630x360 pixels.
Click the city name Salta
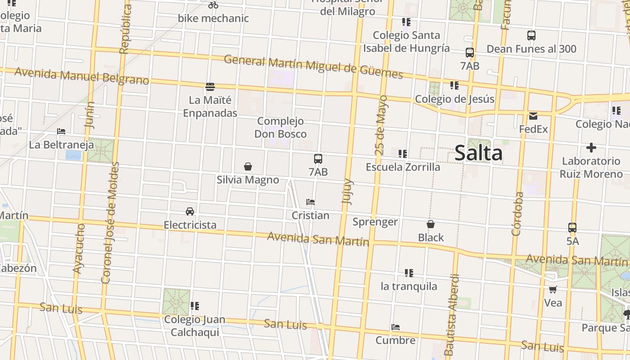478,153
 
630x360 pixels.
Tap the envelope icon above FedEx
533,116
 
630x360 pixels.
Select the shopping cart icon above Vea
553,290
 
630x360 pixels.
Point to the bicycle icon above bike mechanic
213,5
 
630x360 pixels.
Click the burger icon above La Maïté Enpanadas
210,86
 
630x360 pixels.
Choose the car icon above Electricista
190,211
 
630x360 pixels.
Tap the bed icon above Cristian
310,202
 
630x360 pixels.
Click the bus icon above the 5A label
572,228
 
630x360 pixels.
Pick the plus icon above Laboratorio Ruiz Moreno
591,148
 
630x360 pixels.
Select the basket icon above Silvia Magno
247,167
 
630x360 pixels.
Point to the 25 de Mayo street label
381,125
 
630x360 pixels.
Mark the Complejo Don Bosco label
280,127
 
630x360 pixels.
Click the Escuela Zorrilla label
403,167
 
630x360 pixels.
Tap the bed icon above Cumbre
396,327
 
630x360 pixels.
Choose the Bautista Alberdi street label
452,315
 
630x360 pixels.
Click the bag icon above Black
431,224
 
